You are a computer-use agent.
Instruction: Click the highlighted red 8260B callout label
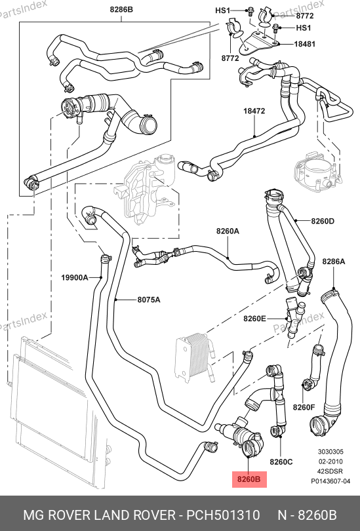[x=249, y=479]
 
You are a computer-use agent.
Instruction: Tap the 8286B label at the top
[x=121, y=10]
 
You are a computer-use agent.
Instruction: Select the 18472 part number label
[x=254, y=111]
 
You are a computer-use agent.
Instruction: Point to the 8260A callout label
[x=228, y=231]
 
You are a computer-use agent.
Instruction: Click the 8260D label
[x=323, y=221]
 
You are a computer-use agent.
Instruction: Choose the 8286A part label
[x=334, y=262]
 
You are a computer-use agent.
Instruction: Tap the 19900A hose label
[x=75, y=278]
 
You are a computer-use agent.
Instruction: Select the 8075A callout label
[x=149, y=300]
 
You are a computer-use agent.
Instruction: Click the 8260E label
[x=254, y=319]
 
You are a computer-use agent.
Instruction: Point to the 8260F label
[x=304, y=407]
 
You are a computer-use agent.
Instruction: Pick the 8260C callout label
[x=281, y=462]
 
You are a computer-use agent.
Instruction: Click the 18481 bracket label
[x=304, y=44]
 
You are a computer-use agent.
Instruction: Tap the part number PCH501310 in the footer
[x=224, y=515]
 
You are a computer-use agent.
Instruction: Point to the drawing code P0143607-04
[x=330, y=481]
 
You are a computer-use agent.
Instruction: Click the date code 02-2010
[x=330, y=462]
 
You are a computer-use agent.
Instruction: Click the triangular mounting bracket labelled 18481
[x=256, y=43]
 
